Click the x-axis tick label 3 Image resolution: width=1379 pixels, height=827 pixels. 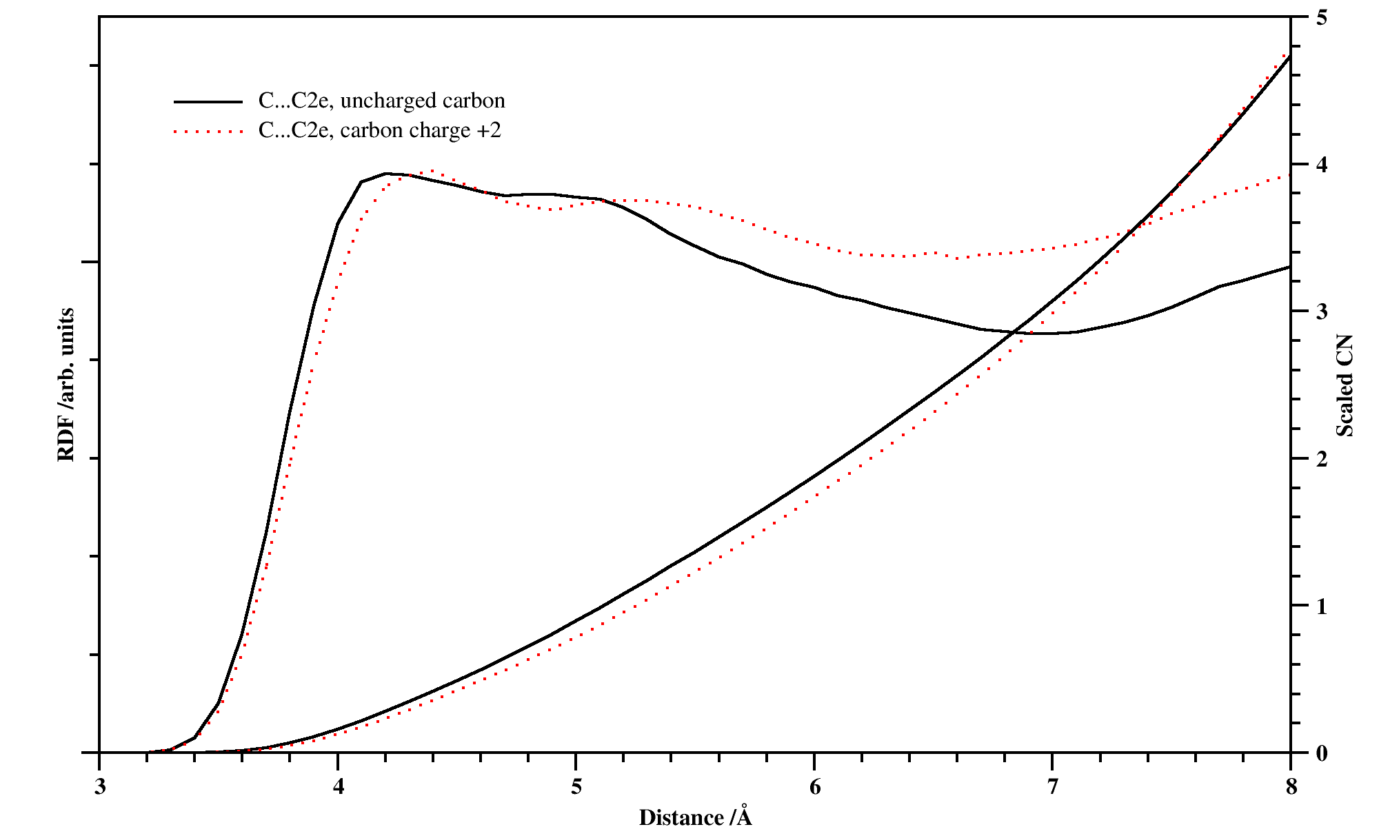100,787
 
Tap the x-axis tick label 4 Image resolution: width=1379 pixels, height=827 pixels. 338,787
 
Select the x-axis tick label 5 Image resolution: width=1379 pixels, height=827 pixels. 576,787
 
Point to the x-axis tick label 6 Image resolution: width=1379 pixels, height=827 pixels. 815,787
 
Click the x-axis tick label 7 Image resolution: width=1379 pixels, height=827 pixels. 1053,787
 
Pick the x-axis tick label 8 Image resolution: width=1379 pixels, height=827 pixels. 1291,787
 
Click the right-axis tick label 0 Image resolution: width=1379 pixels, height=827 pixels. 1321,753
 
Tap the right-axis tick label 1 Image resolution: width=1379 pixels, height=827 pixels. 1321,606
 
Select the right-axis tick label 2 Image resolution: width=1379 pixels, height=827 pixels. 1321,459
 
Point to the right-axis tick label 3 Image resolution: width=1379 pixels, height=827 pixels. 1321,312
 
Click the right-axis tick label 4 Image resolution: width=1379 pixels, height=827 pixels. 1321,165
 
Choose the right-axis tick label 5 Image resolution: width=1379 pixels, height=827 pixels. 1321,18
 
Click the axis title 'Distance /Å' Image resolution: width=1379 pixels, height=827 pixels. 695,817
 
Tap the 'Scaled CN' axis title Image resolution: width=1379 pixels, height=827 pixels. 1345,386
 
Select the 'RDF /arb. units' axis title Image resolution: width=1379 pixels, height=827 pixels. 66,385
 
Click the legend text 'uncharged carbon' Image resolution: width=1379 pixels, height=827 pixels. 422,101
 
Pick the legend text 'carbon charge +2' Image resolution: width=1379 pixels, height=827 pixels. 421,130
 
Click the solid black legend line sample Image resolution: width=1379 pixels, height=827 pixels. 208,102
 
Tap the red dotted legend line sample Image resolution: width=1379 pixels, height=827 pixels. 208,131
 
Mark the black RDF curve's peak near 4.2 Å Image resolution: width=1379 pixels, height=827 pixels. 386,173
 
